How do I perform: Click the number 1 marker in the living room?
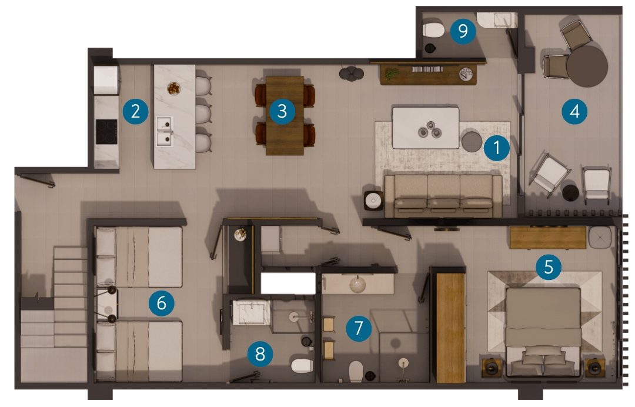click(496, 148)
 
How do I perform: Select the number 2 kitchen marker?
click(136, 111)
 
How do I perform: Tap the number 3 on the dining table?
click(282, 111)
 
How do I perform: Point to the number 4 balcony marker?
click(574, 111)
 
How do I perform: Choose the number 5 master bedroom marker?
click(549, 267)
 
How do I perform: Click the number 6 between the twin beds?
click(161, 303)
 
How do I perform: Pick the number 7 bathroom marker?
click(359, 328)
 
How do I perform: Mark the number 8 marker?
click(260, 354)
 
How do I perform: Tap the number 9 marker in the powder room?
click(463, 31)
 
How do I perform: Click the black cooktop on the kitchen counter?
click(106, 132)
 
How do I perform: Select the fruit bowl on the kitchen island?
click(173, 88)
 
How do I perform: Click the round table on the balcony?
click(587, 66)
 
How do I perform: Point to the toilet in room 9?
click(433, 30)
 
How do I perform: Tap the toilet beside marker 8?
click(302, 365)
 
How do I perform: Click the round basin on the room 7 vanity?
click(357, 284)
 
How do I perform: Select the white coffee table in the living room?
click(426, 128)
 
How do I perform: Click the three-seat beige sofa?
click(443, 196)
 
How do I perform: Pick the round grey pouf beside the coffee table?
click(472, 141)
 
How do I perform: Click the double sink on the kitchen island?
click(165, 131)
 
